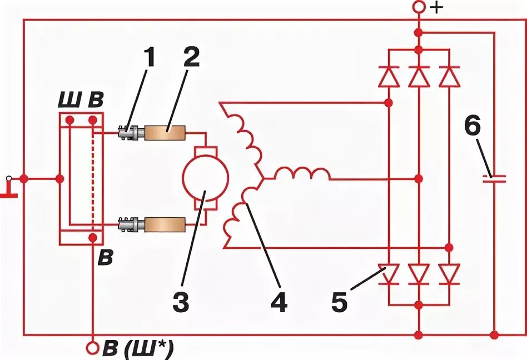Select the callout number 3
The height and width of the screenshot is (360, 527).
point(181,303)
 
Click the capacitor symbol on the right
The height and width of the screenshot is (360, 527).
point(494,178)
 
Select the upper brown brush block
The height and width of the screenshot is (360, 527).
point(165,133)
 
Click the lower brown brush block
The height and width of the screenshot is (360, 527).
point(165,224)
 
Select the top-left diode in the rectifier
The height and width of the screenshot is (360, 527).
point(389,77)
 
